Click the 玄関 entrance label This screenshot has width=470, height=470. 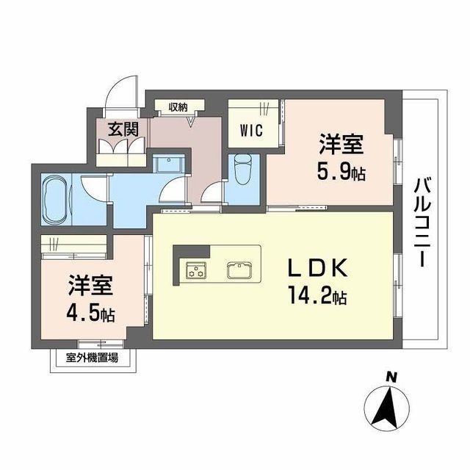tap(123, 129)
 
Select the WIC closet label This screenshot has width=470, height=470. tap(251, 131)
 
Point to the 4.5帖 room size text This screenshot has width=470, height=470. tap(90, 314)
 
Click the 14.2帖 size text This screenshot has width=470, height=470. tap(318, 296)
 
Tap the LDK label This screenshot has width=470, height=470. tap(318, 267)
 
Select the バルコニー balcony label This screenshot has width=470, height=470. tap(423, 222)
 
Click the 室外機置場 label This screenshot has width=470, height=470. tap(92, 358)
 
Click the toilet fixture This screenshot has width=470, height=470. tap(242, 170)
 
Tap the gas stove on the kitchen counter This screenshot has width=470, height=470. tap(196, 270)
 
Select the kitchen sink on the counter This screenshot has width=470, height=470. tap(239, 270)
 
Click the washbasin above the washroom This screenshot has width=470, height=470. tap(168, 164)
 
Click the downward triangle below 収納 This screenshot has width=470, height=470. tap(191, 122)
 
